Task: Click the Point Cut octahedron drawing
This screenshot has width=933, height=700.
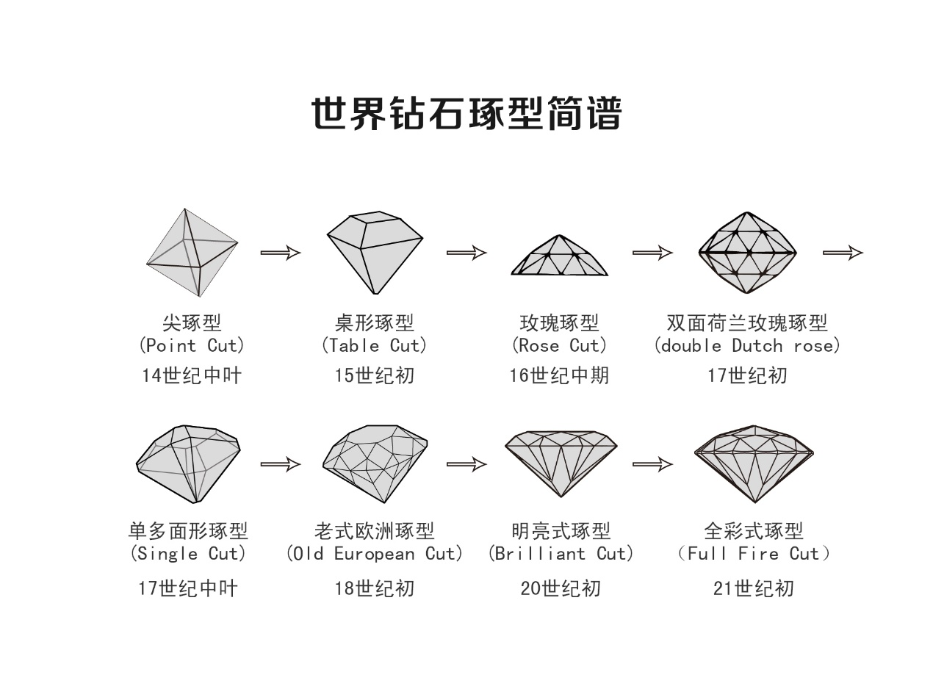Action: pyautogui.click(x=192, y=252)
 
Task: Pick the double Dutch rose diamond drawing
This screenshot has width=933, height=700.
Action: pyautogui.click(x=747, y=252)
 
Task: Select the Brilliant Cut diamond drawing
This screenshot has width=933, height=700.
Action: pyautogui.click(x=561, y=463)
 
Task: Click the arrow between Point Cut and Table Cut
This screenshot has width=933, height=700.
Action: pyautogui.click(x=281, y=253)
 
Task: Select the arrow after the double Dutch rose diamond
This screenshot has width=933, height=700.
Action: pyautogui.click(x=843, y=253)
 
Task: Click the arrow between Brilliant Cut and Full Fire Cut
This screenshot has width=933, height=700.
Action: pyautogui.click(x=652, y=464)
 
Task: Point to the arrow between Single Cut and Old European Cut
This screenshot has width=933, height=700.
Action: pyautogui.click(x=281, y=464)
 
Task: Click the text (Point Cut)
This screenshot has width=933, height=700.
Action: pyautogui.click(x=192, y=345)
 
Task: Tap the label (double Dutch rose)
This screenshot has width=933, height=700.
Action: pyautogui.click(x=747, y=345)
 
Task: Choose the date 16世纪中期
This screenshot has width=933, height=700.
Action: pyautogui.click(x=559, y=375)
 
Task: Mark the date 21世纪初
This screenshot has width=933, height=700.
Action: pyautogui.click(x=753, y=588)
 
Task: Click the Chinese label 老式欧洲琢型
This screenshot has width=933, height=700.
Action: pyautogui.click(x=375, y=530)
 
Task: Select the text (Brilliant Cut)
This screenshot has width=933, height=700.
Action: pyautogui.click(x=561, y=553)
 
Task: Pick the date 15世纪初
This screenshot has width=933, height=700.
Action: pyautogui.click(x=375, y=375)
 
